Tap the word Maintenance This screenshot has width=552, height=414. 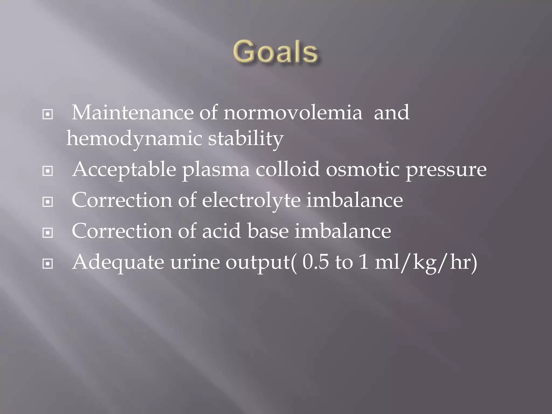click(x=132, y=113)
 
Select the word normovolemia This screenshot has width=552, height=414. click(x=293, y=113)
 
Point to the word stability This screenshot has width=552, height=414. click(x=246, y=139)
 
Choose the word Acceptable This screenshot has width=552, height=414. click(x=124, y=170)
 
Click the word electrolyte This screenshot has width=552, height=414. click(x=251, y=201)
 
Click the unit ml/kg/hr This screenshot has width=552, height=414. click(x=426, y=263)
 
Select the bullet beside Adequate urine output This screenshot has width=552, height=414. click(x=48, y=264)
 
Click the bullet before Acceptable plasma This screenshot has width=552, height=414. click(x=48, y=171)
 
